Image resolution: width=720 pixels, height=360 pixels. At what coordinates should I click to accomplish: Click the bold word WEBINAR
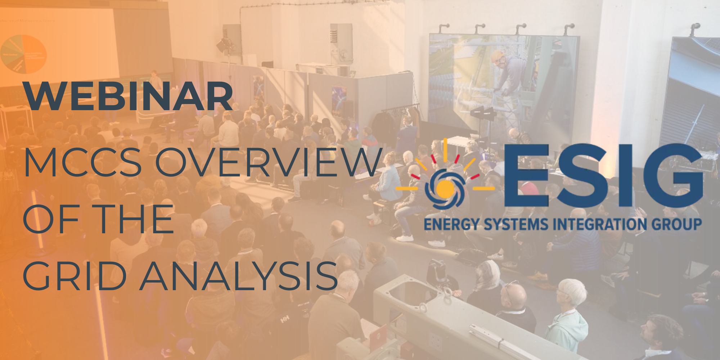click(128, 96)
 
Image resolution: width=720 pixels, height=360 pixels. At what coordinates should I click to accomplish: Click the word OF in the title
click(51, 219)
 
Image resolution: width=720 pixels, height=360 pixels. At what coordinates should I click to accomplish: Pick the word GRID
click(75, 276)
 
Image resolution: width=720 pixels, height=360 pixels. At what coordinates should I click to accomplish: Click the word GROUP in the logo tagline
click(677, 224)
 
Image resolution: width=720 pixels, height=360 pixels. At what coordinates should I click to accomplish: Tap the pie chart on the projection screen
click(24, 54)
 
